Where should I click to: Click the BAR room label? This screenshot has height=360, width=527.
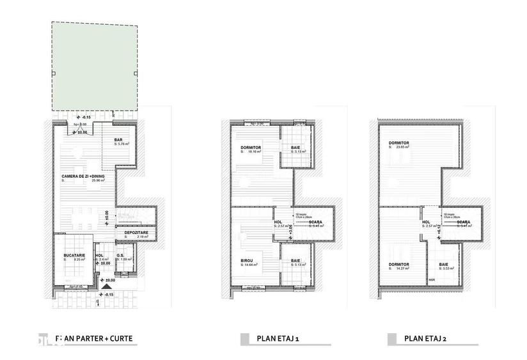coord(118,140)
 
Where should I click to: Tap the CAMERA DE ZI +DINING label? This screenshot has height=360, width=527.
coord(83,176)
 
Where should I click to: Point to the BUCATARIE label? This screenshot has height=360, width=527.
coord(74,256)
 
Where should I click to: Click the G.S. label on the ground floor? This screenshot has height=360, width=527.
coord(120,256)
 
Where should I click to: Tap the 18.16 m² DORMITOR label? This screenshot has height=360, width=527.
coord(245,148)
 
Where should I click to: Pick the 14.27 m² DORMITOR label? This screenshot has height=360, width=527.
coord(398,264)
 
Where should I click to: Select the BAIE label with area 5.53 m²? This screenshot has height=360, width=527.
coord(444,264)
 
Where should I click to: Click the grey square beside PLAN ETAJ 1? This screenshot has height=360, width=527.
coord(244,338)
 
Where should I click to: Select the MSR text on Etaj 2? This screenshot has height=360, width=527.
coord(432,279)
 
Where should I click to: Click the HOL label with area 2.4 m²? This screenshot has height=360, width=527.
coord(99,256)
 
